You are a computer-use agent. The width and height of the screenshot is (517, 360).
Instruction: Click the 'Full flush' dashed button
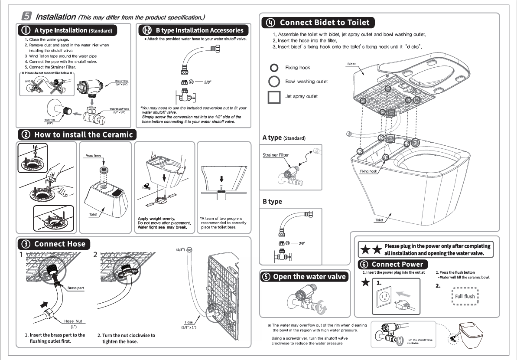[x=465, y=297]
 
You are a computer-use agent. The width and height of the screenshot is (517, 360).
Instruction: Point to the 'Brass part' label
[x=75, y=288]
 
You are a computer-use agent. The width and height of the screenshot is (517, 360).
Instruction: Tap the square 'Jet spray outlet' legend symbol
[x=274, y=96]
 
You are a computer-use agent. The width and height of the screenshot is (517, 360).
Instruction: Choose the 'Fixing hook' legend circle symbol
[x=274, y=68]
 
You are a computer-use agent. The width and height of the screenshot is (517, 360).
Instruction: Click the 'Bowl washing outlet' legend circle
[x=274, y=82]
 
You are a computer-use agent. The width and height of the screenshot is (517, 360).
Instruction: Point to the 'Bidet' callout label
[x=351, y=64]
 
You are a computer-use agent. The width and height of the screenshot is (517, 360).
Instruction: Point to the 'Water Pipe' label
[x=50, y=120]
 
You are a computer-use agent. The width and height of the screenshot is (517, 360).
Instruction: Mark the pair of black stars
[x=371, y=250]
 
